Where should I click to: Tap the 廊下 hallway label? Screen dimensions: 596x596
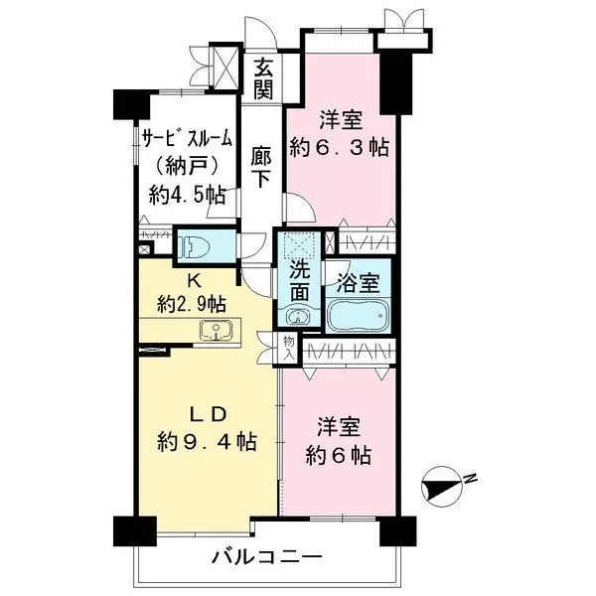[x=262, y=168]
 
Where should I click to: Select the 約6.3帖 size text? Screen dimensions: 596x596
[x=338, y=148]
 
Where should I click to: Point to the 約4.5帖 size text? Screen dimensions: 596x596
[x=185, y=196]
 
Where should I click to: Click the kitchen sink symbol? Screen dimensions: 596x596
[x=214, y=331]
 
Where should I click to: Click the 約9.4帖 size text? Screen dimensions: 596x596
[x=208, y=440]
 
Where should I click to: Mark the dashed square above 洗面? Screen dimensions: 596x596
[x=299, y=243]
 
